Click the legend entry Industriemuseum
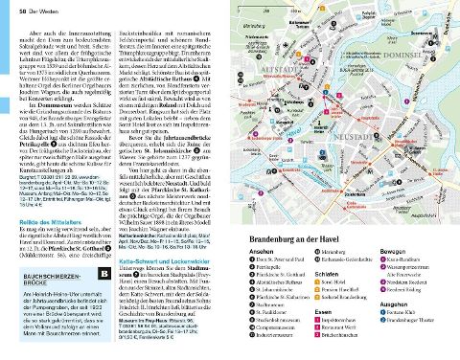[x=278, y=335]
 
